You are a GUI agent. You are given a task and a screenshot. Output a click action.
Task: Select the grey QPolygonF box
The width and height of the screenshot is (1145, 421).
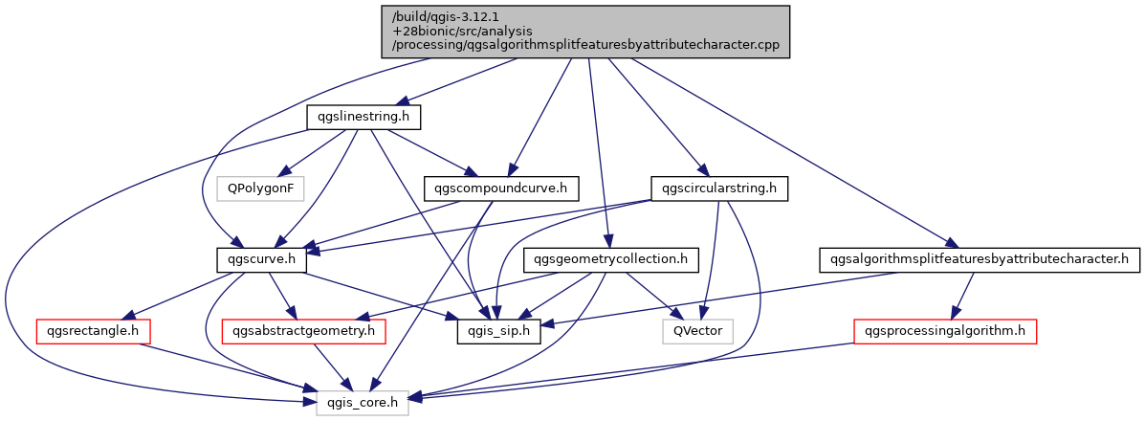258,188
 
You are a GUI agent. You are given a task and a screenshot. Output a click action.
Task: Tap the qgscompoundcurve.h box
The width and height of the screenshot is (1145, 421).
495,188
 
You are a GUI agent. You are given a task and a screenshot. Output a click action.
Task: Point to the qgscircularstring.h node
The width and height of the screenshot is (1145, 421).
718,188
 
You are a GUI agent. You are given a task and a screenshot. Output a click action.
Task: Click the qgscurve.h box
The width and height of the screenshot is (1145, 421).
261,259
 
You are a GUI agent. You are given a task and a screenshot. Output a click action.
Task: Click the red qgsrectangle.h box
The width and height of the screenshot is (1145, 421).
93,332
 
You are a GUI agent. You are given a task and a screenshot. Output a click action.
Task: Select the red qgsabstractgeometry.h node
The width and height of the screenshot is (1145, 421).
303,332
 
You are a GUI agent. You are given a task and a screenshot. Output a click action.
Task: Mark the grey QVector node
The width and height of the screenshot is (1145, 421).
698,332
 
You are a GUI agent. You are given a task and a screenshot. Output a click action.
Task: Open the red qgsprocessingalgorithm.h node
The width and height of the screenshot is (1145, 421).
945,332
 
